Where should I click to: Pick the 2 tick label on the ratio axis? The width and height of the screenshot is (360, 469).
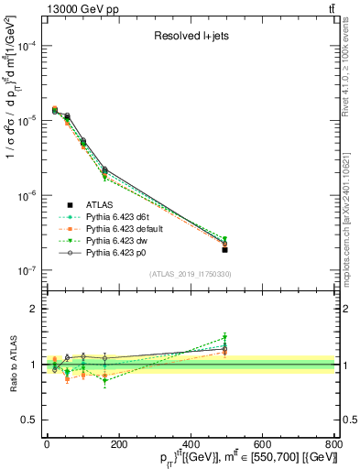[x=33, y=309]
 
